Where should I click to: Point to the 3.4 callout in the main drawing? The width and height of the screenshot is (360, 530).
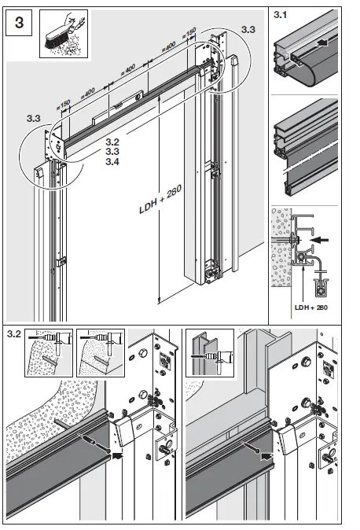click(x=112, y=162)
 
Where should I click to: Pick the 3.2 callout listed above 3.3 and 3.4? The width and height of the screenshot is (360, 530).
click(x=112, y=143)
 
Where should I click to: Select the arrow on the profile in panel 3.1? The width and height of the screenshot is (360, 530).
click(x=317, y=49)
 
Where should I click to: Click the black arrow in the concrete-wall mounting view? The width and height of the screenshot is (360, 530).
click(x=117, y=453)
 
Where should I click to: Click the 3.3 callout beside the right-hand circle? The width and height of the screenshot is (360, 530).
click(x=248, y=29)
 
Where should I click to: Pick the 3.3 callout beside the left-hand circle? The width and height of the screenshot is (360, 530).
click(x=33, y=118)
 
